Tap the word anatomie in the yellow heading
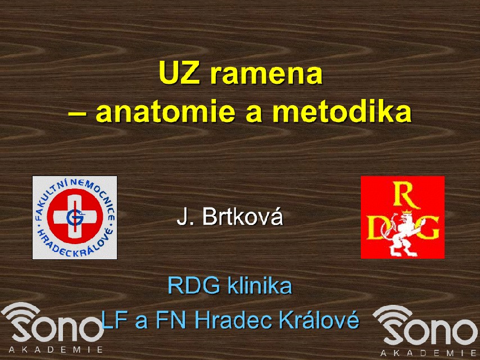[x=166, y=111]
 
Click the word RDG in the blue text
[x=194, y=286]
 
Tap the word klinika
[x=260, y=285]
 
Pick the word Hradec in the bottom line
[x=233, y=319]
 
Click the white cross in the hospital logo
[x=75, y=217]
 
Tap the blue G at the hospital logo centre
[x=74, y=217]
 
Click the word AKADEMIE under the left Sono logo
[x=56, y=349]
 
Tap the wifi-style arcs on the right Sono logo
[x=393, y=316]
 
